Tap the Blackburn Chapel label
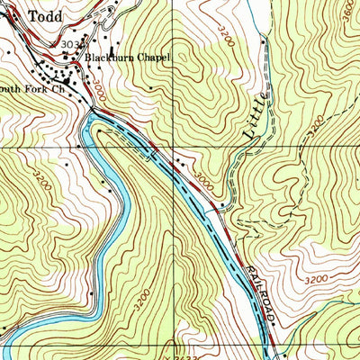[x=127, y=57]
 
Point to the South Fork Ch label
[x=32, y=89]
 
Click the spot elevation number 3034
[x=67, y=43]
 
